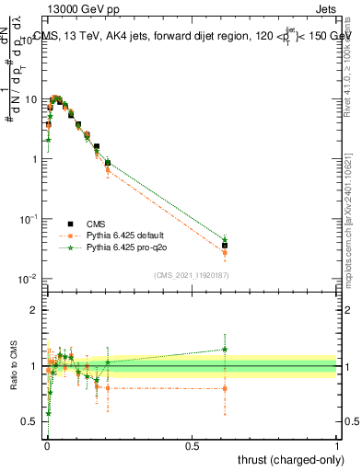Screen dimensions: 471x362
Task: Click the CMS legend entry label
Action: (96, 224)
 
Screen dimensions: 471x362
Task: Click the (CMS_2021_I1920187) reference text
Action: (191, 275)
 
